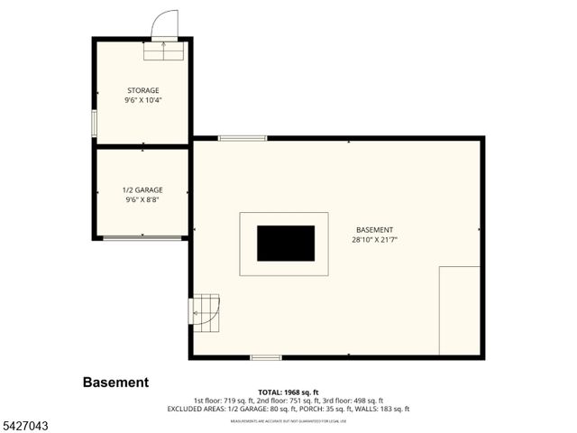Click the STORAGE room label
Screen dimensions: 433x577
(x=142, y=90)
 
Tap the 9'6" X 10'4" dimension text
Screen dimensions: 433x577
(x=142, y=100)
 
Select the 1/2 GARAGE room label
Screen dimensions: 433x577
(x=142, y=190)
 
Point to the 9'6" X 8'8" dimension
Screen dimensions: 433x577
(x=142, y=200)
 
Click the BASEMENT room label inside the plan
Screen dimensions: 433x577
(x=375, y=230)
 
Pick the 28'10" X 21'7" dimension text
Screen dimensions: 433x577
(x=375, y=240)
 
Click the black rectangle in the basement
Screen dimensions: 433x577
(x=286, y=243)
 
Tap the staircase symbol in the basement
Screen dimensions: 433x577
(x=204, y=309)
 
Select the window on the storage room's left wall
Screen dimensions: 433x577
(x=94, y=123)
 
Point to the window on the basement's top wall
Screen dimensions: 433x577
(x=243, y=138)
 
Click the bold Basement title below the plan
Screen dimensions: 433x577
(x=116, y=382)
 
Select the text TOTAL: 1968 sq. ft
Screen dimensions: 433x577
(x=288, y=392)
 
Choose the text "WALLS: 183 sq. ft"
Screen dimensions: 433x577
(x=383, y=409)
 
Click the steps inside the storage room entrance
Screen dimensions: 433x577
(x=165, y=52)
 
